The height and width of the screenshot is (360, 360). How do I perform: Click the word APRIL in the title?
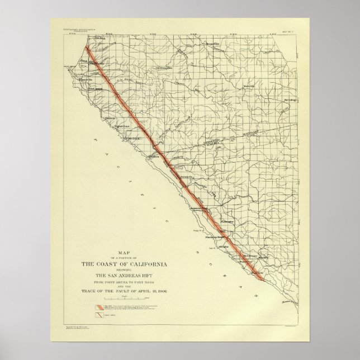(x=140, y=292)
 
